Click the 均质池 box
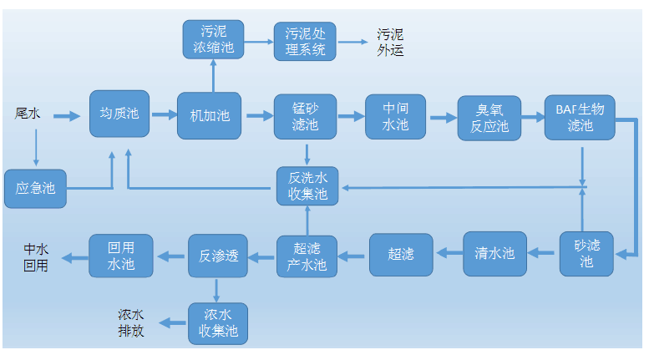point(119,114)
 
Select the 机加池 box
point(209,115)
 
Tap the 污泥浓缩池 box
point(214,38)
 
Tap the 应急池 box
point(35,189)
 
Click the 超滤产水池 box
point(307,256)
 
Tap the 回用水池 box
point(121,256)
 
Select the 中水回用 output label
point(36,257)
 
